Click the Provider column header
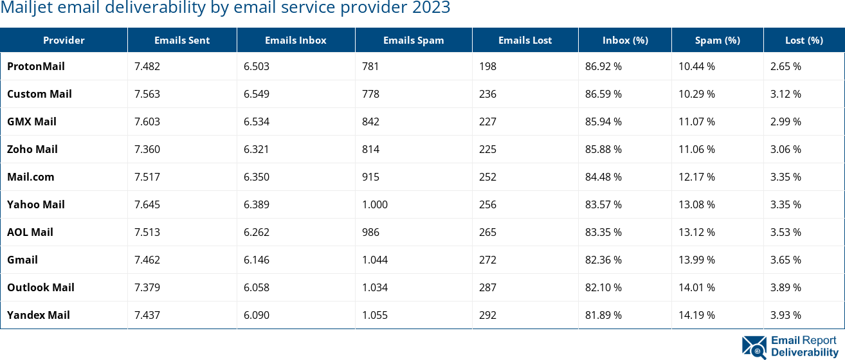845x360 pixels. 64,40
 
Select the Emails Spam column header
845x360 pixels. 413,40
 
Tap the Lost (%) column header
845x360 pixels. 804,40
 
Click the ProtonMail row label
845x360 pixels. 36,66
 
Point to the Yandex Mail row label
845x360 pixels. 39,315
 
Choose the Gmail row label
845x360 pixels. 23,260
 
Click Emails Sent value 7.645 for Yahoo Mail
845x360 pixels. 147,204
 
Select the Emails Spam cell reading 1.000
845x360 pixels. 375,204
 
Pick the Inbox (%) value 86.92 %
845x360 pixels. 603,66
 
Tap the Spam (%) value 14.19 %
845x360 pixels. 697,315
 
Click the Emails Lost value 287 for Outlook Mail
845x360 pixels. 488,287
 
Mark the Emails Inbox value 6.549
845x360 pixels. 256,94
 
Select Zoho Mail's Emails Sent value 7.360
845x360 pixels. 147,149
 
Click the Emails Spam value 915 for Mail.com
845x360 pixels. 370,177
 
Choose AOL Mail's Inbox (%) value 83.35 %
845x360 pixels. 603,232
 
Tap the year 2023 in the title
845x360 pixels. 432,8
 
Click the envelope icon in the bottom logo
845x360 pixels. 754,346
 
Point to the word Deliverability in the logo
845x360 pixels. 804,352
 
